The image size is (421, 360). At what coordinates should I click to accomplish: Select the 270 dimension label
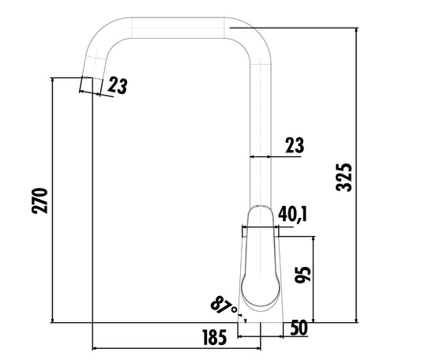pyautogui.click(x=43, y=201)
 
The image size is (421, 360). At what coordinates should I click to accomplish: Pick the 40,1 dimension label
pyautogui.click(x=293, y=214)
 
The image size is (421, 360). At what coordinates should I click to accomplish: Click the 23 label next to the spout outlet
pyautogui.click(x=117, y=86)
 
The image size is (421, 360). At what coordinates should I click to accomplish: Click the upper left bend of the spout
pyautogui.click(x=101, y=41)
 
